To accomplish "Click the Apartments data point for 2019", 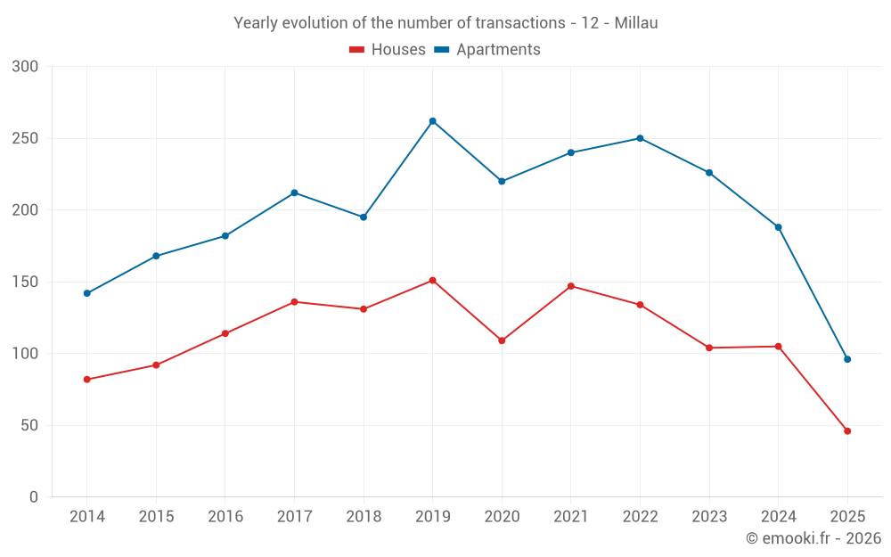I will click(432, 121).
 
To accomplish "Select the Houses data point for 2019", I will click(432, 280).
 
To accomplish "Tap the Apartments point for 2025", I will click(847, 359).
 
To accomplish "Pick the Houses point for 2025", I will click(847, 431).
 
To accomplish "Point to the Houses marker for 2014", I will click(86, 380).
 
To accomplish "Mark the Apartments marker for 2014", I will click(86, 293).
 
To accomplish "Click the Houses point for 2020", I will click(502, 340).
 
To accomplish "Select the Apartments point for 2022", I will click(640, 138).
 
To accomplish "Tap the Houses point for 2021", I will click(571, 286).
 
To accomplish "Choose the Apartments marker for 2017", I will click(294, 192).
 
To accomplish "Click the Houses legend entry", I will click(388, 50).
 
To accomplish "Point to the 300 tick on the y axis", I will click(26, 67).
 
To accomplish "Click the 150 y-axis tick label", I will click(26, 282).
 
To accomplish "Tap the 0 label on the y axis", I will click(34, 497).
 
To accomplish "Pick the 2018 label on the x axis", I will click(364, 517).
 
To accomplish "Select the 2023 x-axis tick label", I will click(709, 517).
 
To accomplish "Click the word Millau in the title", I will click(636, 23).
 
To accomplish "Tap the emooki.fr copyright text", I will click(813, 538).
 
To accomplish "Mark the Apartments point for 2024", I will click(778, 227).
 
